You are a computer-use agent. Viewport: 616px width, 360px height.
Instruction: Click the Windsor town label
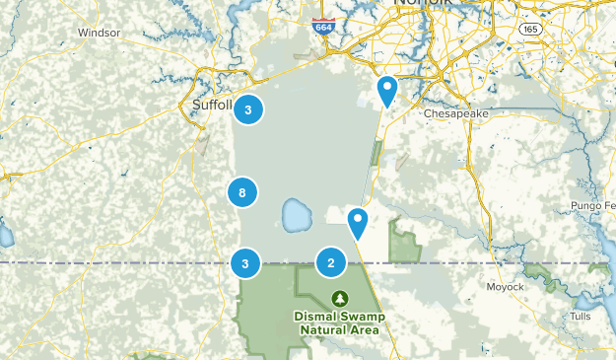[99, 32]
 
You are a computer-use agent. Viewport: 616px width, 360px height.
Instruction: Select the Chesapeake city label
[456, 113]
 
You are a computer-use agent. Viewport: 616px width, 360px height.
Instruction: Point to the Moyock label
[506, 287]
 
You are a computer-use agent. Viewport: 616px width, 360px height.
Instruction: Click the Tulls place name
[582, 317]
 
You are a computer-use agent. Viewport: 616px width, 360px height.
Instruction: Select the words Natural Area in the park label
[340, 330]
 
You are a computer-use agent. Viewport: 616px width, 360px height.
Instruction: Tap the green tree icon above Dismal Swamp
[340, 298]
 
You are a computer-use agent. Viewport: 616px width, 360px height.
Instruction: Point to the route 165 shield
[529, 31]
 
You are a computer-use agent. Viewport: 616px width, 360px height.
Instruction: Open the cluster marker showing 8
[242, 192]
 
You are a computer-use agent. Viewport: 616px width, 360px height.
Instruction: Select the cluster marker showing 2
[331, 262]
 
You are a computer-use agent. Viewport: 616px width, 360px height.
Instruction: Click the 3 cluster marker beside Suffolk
[248, 109]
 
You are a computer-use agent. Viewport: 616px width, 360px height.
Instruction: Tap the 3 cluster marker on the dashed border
[244, 262]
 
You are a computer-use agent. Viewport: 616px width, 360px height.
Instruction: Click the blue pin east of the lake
[358, 222]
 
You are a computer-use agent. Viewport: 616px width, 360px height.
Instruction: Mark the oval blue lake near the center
[294, 212]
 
